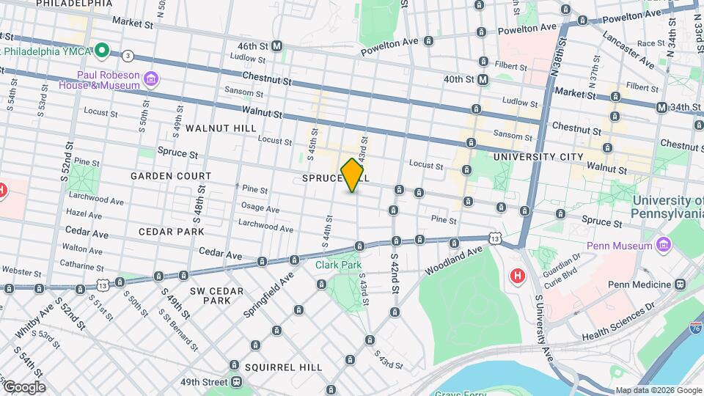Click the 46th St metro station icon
click(x=277, y=46)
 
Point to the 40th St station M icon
click(x=483, y=79)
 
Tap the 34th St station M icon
click(x=662, y=108)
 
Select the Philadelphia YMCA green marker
click(x=103, y=51)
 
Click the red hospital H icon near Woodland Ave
click(x=518, y=276)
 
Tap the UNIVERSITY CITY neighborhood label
click(x=538, y=157)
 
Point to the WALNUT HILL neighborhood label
click(x=221, y=128)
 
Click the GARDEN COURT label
click(x=171, y=176)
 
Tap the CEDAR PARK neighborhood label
click(x=171, y=231)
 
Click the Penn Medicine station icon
click(x=681, y=285)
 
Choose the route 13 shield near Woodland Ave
click(x=496, y=238)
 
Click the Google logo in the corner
click(x=23, y=386)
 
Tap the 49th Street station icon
click(x=236, y=382)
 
